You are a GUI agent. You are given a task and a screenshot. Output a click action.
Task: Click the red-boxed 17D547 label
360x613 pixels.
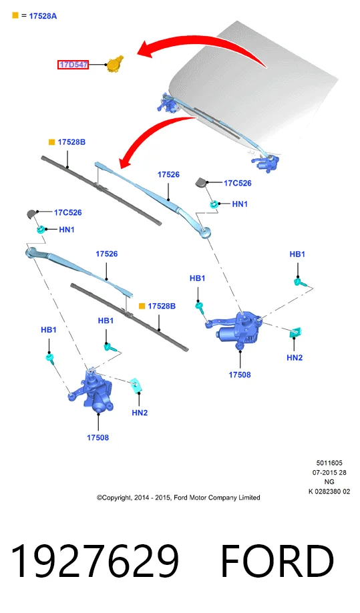(73, 65)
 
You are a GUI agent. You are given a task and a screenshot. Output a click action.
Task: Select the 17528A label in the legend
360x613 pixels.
(43, 16)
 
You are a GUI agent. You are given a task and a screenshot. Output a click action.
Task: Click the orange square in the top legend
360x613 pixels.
(15, 15)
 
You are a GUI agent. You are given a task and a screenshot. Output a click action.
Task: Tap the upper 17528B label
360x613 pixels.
(71, 142)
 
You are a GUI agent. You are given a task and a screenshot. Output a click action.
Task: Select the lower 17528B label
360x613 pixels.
(162, 306)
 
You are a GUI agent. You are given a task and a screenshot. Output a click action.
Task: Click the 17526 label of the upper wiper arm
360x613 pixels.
(168, 175)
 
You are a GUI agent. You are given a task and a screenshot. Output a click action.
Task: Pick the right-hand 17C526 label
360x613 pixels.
(238, 183)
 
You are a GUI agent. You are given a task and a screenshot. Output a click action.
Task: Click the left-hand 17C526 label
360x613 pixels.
(68, 212)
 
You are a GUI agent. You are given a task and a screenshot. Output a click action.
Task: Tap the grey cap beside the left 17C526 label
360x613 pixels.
(31, 214)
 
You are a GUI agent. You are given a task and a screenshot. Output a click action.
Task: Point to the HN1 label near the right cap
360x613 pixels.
(240, 204)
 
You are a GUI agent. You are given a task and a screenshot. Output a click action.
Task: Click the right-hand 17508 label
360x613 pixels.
(240, 375)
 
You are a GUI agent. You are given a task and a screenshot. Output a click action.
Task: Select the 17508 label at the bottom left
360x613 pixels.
(98, 438)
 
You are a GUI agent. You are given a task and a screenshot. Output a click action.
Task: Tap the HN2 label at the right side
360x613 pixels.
(295, 358)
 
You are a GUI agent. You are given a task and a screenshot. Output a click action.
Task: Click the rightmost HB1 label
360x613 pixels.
(297, 254)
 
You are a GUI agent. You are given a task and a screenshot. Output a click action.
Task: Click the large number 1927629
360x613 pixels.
(95, 562)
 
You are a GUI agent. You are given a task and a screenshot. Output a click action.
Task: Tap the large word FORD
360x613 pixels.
(278, 562)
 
